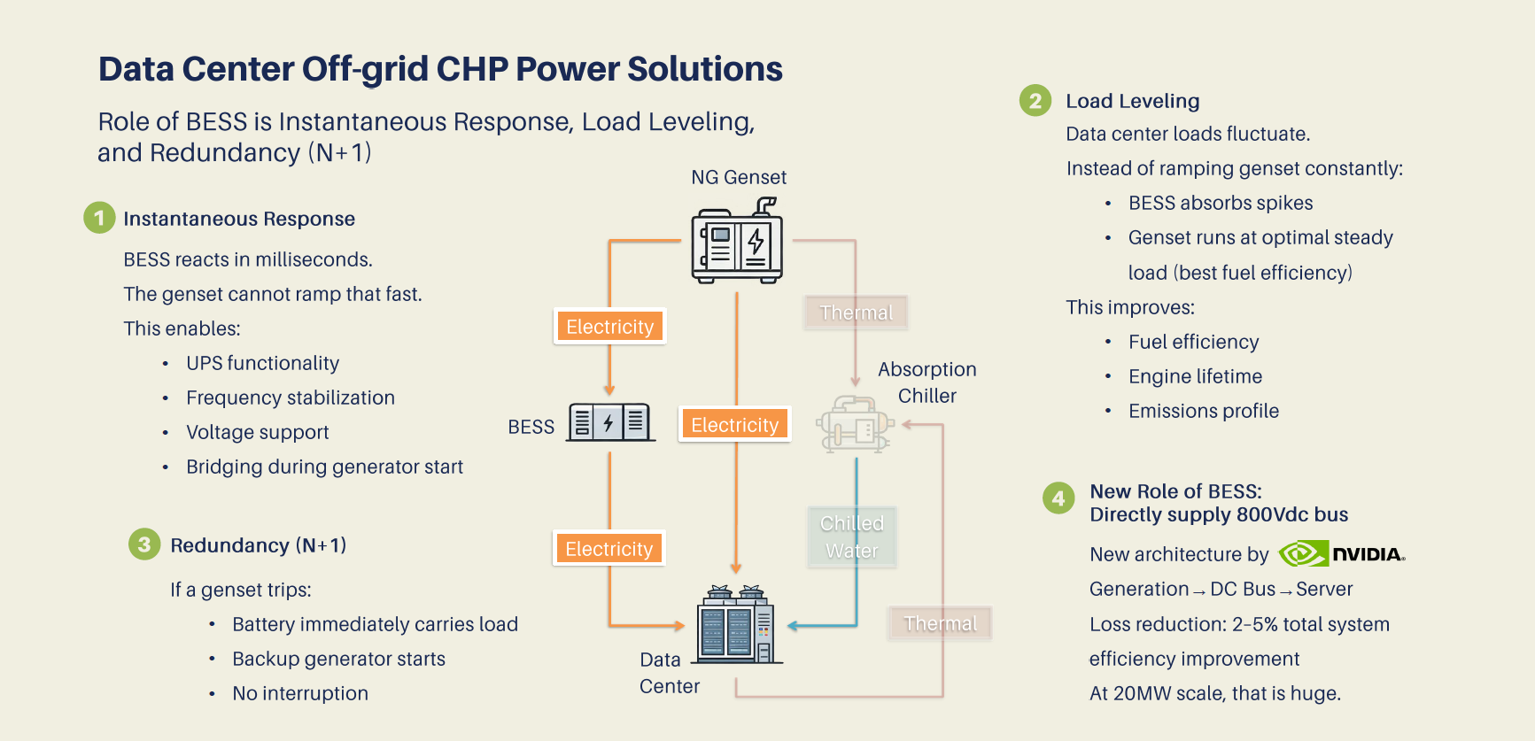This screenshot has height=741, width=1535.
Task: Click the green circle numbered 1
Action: point(99,218)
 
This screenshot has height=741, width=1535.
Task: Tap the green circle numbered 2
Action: point(1035,101)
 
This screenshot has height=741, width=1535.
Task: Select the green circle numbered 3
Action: point(144,544)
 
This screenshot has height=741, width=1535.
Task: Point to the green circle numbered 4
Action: point(1058,498)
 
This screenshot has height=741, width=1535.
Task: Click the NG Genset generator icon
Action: point(737,243)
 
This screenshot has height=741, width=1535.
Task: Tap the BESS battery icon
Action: point(609,422)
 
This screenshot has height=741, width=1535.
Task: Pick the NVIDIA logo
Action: point(1341,554)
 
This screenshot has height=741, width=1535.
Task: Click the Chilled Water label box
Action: point(852,536)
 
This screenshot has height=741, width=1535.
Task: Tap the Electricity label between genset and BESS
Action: point(609,327)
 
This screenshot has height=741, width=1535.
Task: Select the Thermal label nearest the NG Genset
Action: point(856,313)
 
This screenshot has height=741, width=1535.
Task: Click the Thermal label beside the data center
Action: point(940,623)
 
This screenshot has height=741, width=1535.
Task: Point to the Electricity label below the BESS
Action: point(609,549)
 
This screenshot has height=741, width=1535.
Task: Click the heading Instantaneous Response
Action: point(239,219)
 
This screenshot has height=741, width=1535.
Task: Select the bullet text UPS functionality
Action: point(262,363)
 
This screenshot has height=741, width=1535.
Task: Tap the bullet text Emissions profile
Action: point(1203,411)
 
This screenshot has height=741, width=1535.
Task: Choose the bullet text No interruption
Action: point(299,693)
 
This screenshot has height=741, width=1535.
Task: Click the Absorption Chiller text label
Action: point(926,382)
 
